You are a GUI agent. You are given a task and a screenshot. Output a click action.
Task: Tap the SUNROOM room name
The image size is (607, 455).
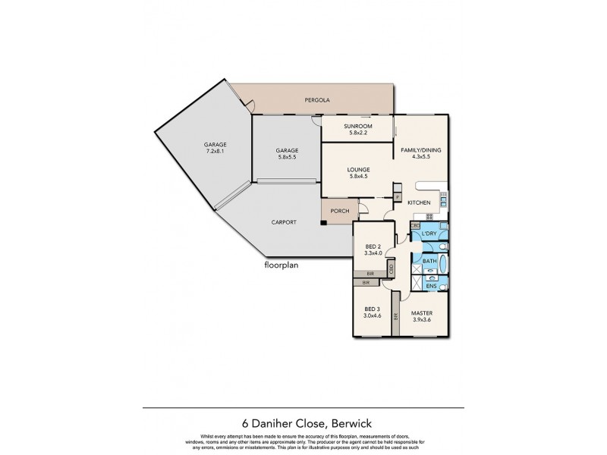tap(357, 126)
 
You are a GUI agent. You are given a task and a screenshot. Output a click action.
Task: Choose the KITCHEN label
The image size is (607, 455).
tap(419, 202)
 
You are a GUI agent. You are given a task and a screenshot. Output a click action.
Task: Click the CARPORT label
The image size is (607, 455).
tap(283, 221)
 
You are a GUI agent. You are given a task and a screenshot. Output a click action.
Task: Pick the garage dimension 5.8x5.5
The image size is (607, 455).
tap(287, 158)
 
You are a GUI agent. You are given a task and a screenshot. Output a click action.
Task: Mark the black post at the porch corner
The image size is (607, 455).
tap(324, 222)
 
